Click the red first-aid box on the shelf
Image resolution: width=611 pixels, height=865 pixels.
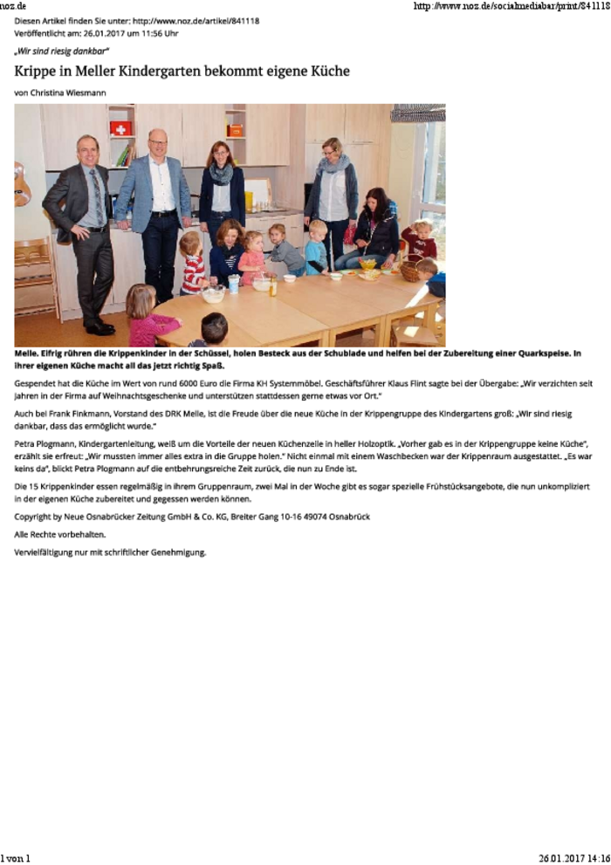pos(120,128)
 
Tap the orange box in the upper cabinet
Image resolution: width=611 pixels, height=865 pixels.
pos(234,130)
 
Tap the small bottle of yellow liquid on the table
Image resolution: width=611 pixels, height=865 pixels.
pos(273,286)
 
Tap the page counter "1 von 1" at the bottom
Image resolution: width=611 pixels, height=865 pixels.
pos(16,858)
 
